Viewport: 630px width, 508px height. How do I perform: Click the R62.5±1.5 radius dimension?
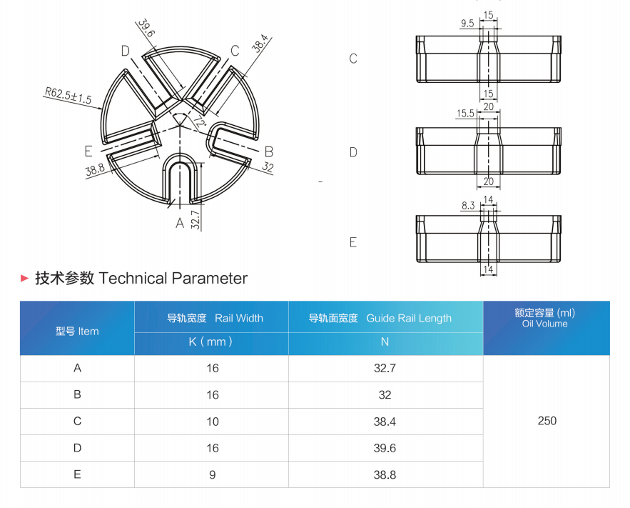tap(68, 95)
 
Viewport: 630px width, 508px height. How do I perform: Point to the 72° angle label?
tap(199, 121)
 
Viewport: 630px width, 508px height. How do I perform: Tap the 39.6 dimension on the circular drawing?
tap(146, 28)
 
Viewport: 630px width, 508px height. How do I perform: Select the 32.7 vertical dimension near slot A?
tap(195, 219)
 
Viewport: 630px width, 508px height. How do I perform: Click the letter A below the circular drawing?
tap(180, 222)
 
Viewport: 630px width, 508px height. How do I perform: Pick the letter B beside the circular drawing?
tap(269, 152)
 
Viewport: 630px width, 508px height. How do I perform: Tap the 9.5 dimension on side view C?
tap(467, 24)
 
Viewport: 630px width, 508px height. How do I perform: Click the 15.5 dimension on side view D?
tap(465, 114)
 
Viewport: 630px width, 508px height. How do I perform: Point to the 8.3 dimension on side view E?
tap(468, 206)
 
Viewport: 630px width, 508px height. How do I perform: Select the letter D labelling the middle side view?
tap(353, 152)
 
